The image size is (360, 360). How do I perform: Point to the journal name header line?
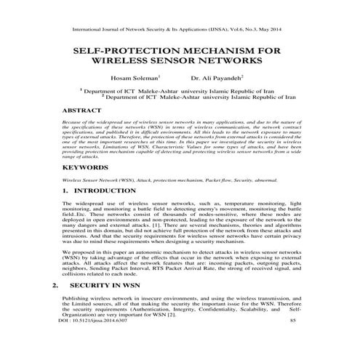point(180,30)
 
